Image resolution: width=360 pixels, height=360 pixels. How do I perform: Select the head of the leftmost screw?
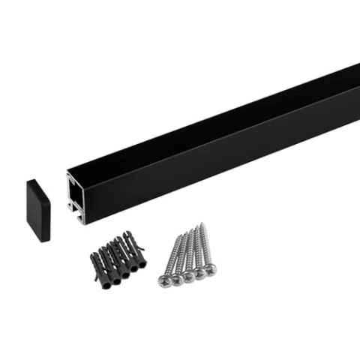tap(165, 280)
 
